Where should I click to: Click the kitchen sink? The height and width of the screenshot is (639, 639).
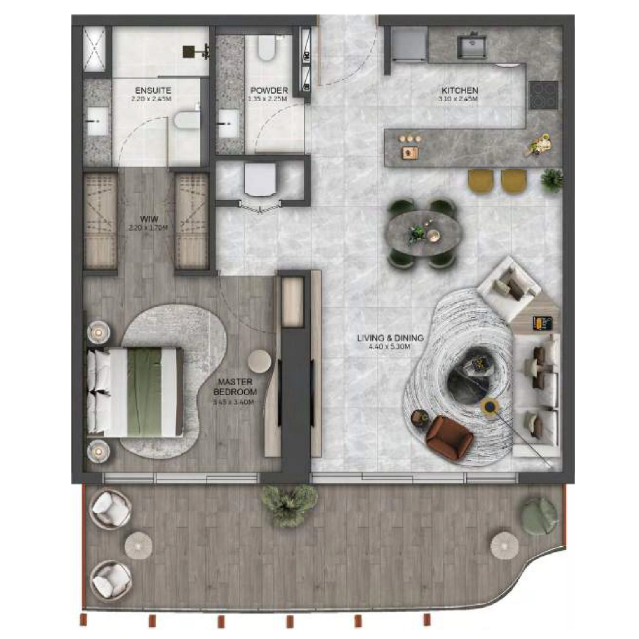click(472, 47)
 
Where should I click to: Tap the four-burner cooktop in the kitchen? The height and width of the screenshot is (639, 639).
click(543, 95)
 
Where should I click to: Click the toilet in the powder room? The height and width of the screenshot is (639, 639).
click(266, 49)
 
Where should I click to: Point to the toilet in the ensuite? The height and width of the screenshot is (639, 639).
click(186, 121)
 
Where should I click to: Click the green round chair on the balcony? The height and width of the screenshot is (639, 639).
click(538, 515)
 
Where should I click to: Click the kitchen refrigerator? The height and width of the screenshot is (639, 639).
click(406, 45)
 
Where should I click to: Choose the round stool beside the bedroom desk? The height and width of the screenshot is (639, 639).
click(260, 362)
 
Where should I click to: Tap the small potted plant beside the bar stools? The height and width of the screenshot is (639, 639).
click(552, 179)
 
